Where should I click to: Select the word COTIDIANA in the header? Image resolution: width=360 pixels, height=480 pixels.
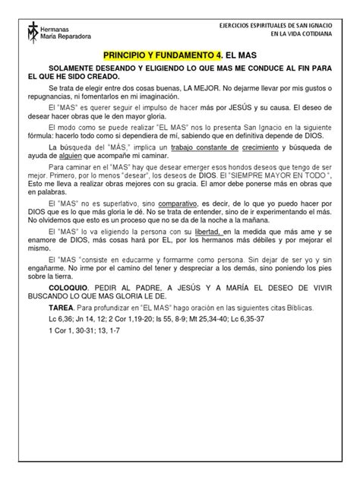[x=323, y=34]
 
